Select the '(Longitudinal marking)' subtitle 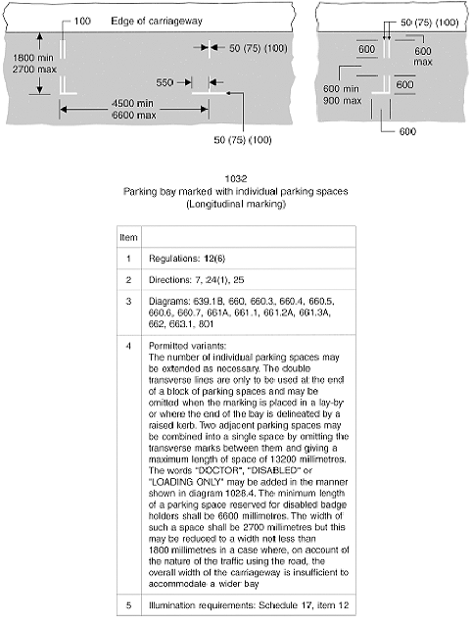tap(235, 205)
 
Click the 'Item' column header tap(128, 237)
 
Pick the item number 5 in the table tap(128, 600)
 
